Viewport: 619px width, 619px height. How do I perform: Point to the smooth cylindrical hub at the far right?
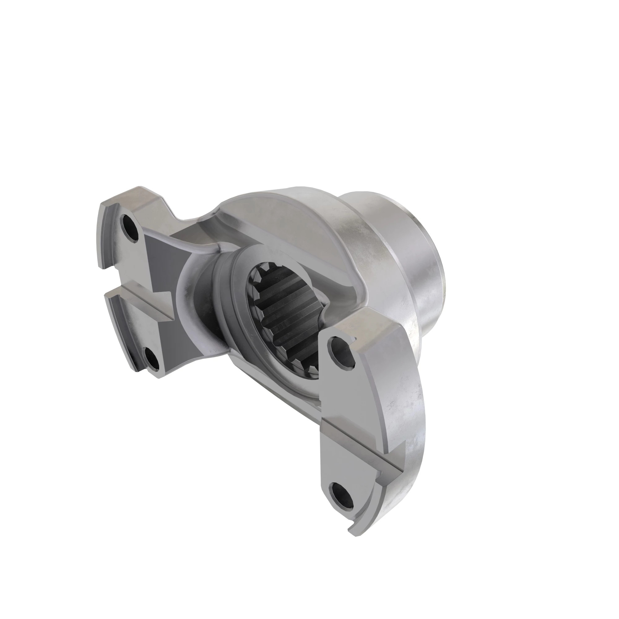point(413,256)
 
